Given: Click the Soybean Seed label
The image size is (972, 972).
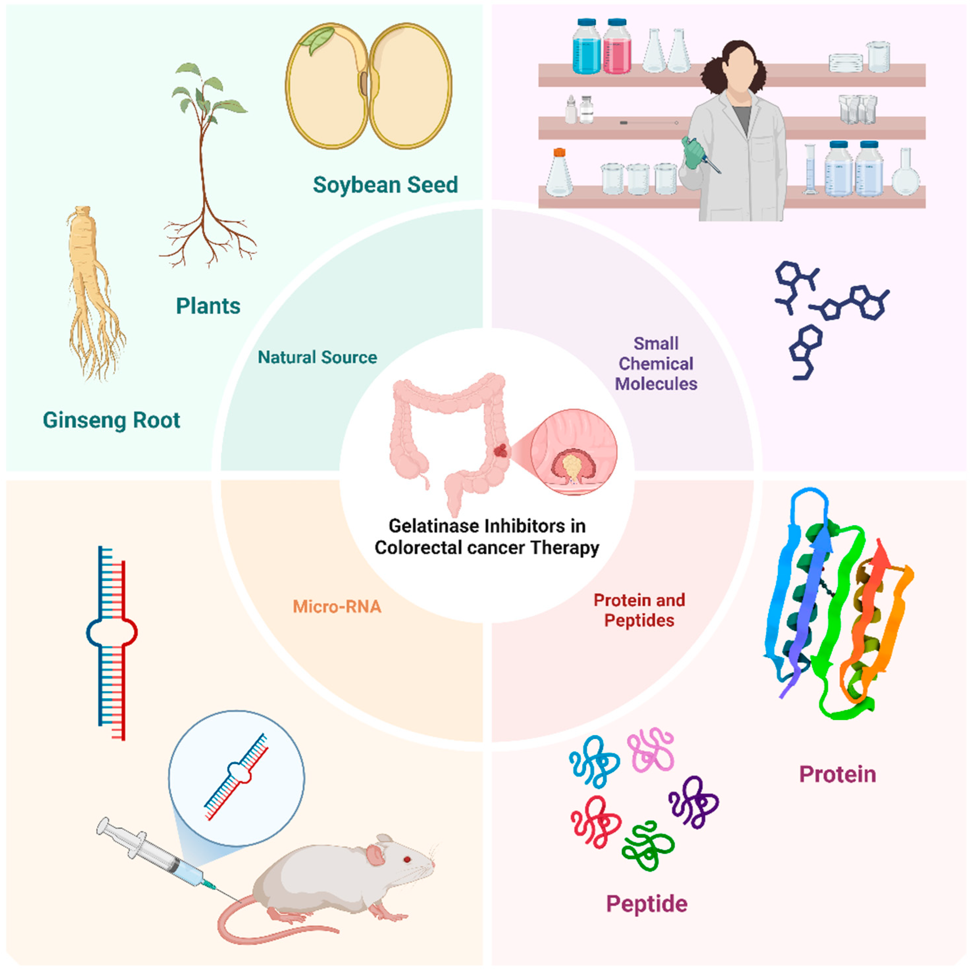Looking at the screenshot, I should pyautogui.click(x=385, y=185).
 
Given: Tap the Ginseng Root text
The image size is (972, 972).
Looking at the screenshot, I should pyautogui.click(x=111, y=420).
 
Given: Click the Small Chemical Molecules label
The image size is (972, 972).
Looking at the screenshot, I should pyautogui.click(x=655, y=364).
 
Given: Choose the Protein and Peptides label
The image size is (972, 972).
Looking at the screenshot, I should pyautogui.click(x=639, y=610).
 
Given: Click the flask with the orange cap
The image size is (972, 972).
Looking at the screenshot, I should pyautogui.click(x=559, y=174).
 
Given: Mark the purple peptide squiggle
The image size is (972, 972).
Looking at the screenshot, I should pyautogui.click(x=693, y=803).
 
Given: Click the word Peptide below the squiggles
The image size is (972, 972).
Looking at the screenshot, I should pyautogui.click(x=647, y=904).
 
